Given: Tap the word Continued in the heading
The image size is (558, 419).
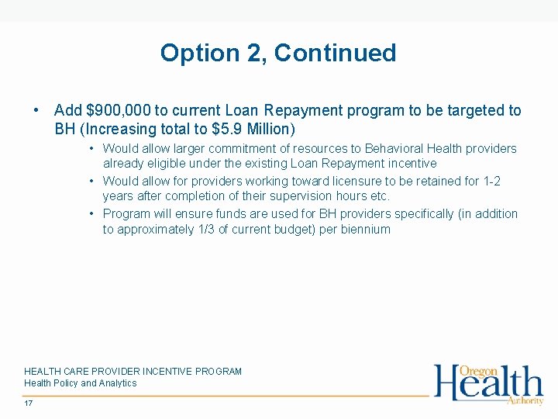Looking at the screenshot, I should pos(335,54).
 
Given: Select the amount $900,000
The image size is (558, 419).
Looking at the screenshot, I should pos(114,111).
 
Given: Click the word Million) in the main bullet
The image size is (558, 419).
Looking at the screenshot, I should pos(269,127).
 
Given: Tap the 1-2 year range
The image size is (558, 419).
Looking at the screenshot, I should pos(492,181).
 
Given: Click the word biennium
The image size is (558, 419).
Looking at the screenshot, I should pos(366,230).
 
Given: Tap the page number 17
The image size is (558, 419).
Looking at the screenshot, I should pos(29,403).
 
